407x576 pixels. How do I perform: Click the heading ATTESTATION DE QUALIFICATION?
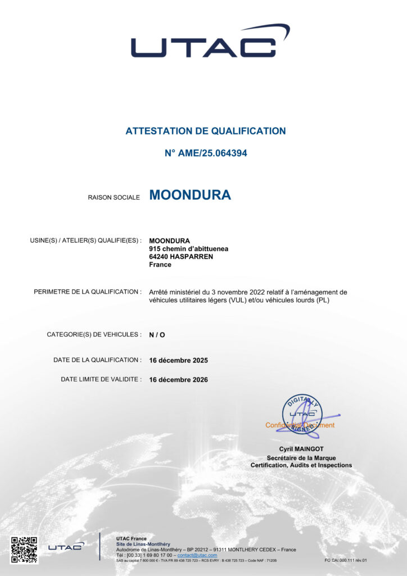tap(206, 131)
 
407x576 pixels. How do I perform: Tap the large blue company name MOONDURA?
tap(190, 195)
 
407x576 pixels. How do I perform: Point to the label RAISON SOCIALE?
tap(114, 197)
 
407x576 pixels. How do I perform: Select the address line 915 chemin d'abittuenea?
tap(189, 249)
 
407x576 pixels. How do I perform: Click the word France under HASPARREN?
tap(160, 264)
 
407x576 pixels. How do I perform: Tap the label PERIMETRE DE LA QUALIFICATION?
tap(88, 292)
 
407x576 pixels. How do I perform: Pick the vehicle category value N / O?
tap(157, 335)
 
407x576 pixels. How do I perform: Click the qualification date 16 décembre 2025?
tap(178, 360)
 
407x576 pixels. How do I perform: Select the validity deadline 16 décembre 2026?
tap(178, 380)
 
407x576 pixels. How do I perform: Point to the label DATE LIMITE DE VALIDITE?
tap(101, 380)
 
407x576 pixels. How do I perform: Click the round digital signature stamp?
tap(302, 414)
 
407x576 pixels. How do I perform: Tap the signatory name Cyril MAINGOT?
tap(301, 449)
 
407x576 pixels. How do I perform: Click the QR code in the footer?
tap(25, 550)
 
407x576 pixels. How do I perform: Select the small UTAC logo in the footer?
tap(66, 546)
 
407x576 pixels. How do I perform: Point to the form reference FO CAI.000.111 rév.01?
tap(346, 560)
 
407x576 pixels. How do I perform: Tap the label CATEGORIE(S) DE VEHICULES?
tap(94, 335)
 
